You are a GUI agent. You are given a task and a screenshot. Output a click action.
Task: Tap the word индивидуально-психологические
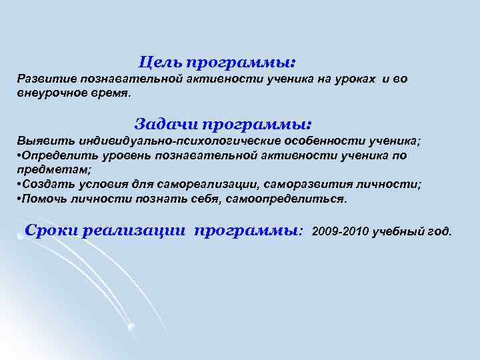coord(179,142)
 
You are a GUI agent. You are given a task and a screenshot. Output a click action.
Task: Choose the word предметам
coord(45,169)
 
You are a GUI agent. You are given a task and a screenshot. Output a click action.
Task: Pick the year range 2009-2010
coord(340,232)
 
